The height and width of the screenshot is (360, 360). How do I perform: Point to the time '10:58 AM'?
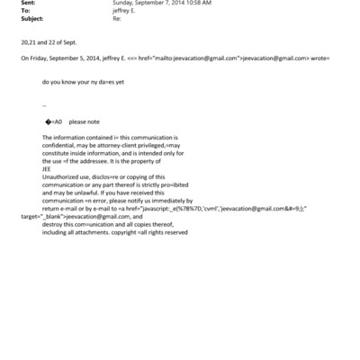click(198, 3)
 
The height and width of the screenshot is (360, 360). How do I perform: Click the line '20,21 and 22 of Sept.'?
click(49, 42)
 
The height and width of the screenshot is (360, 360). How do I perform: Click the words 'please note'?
click(84, 121)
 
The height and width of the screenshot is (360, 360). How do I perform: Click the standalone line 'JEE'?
click(47, 167)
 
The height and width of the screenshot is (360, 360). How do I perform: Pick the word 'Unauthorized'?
click(60, 175)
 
